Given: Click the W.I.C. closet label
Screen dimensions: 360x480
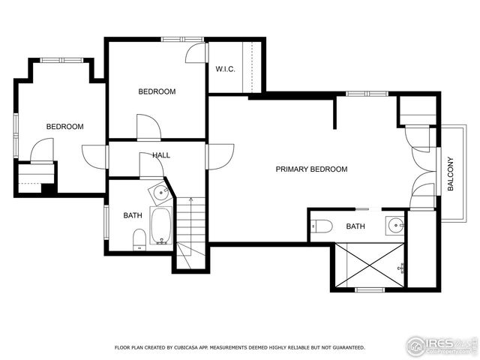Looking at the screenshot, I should point(225,69).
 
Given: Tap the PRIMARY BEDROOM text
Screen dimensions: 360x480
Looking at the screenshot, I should point(311,169).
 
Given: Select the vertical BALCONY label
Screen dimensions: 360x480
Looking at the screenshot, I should point(451,174).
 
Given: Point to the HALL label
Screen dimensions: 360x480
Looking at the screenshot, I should point(161,155).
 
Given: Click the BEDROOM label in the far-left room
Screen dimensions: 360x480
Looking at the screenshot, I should point(64,127).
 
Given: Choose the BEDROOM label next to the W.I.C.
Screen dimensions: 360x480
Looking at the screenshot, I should point(157,91).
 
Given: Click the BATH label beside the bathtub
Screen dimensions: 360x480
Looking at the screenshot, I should point(133,216).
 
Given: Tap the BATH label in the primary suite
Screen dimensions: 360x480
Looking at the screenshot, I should point(355,226).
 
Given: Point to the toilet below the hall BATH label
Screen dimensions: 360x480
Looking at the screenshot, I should point(139,239).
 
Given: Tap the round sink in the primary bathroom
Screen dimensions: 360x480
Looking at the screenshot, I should point(394,224).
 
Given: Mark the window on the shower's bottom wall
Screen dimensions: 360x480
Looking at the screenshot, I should point(369,289).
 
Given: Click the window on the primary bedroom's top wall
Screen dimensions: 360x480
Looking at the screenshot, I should point(367,94).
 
